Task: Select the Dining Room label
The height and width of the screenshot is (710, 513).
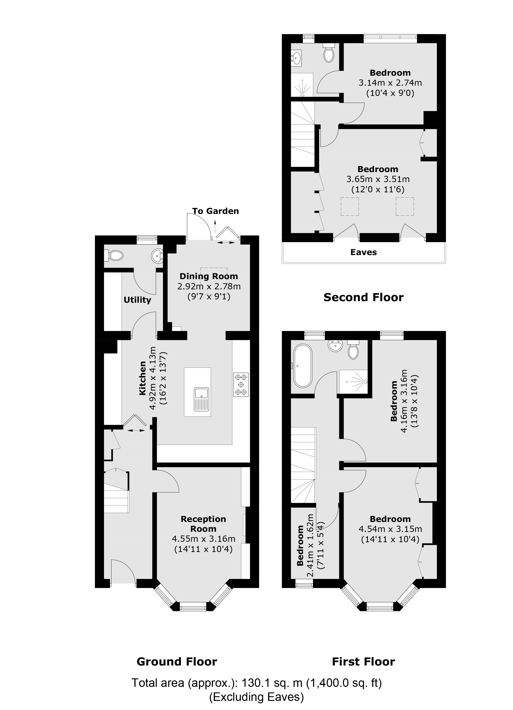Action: [x=209, y=276]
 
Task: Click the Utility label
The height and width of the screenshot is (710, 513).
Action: [x=137, y=300]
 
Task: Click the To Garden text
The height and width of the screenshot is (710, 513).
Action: [x=216, y=211]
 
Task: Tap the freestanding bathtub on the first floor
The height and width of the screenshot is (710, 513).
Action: [x=302, y=366]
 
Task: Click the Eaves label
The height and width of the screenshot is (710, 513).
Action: [x=363, y=252]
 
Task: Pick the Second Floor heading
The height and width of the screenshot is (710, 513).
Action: [x=363, y=297]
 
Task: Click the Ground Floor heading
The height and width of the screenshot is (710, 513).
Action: [x=177, y=661]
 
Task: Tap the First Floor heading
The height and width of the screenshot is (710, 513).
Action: [x=363, y=661]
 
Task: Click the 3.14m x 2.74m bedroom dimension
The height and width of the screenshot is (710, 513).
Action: [x=390, y=83]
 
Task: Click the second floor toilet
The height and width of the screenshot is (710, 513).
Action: [x=329, y=54]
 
